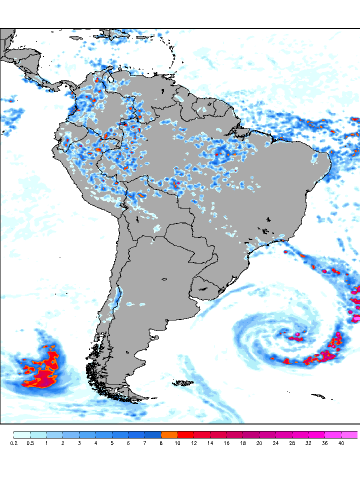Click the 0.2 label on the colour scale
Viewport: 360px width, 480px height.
click(13, 443)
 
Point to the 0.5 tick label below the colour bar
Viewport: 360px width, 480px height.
click(30, 443)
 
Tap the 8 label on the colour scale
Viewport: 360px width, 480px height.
click(161, 443)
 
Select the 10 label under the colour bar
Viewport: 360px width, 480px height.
click(177, 443)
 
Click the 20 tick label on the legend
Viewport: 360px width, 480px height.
click(259, 443)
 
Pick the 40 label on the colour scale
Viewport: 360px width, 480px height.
click(341, 443)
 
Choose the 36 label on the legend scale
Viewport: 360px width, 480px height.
click(324, 443)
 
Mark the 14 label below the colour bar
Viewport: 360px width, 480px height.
click(210, 443)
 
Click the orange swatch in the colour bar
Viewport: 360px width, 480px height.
click(169, 434)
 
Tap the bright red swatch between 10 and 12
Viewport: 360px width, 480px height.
click(185, 434)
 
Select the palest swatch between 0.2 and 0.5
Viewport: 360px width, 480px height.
click(21, 434)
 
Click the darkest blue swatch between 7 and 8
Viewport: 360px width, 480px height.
click(153, 434)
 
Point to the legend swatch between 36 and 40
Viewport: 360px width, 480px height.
click(333, 434)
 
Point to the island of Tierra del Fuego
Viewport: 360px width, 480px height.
click(127, 395)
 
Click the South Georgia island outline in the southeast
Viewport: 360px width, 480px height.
click(317, 396)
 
